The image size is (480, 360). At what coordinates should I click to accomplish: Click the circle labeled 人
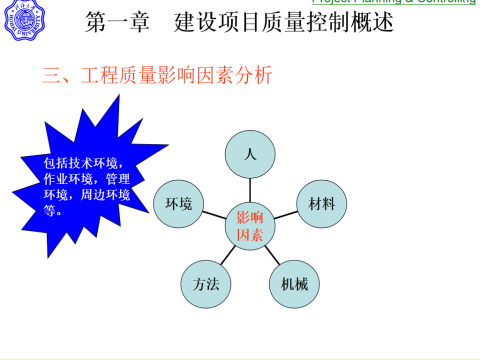coord(250,154)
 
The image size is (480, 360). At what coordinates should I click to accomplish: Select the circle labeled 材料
coord(321,204)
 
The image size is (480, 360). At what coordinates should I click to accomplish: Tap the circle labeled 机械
coord(294,283)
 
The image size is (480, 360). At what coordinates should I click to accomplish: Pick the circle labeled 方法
coord(206,283)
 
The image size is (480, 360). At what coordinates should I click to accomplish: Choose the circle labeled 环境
coord(180,204)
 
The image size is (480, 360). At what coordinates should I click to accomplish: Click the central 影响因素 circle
coord(250,227)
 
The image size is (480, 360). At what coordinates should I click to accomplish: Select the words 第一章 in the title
coord(120,21)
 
